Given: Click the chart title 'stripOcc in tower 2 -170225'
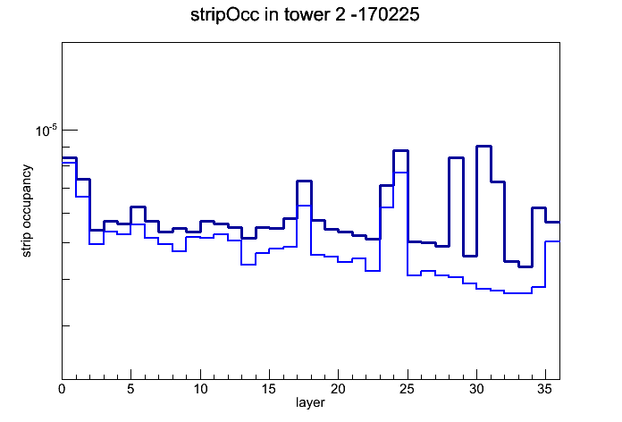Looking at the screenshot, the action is pos(305,15).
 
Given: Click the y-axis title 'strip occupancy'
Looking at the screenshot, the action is pos(26,211).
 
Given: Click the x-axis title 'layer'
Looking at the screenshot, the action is pos(310,402).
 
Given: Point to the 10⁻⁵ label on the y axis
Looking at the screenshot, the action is pos(46,131).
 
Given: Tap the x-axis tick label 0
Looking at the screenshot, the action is pos(62,389).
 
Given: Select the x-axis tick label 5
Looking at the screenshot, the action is pos(130,389).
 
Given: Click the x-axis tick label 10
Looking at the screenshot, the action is pos(200,389).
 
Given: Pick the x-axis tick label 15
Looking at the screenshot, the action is pos(269,389).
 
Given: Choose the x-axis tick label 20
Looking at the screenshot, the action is pos(338,389).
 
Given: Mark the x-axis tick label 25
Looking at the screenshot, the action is pos(408,389).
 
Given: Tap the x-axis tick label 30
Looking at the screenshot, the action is pos(476,389).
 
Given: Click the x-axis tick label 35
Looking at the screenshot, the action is pos(545,389).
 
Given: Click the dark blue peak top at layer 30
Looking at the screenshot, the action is pos(483,146).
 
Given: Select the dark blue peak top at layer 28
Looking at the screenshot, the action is pos(456,157).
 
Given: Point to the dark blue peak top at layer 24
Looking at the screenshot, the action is pos(400,150).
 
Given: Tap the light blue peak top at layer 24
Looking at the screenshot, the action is pos(400,173).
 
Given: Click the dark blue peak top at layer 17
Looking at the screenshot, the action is pos(304,181).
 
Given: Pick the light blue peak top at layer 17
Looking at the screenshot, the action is pos(304,206).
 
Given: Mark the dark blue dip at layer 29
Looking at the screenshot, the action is pos(470,256).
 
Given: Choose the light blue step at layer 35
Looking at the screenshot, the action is pos(552,241).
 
